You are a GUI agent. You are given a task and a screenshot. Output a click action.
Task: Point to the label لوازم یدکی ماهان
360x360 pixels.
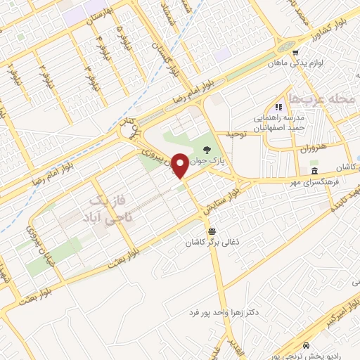298,63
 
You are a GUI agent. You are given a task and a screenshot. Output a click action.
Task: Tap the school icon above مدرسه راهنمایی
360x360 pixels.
278,107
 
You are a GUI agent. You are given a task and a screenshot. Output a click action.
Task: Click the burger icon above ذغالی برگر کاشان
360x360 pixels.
211,231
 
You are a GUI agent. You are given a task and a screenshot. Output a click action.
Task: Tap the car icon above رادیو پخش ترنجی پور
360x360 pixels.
307,346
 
